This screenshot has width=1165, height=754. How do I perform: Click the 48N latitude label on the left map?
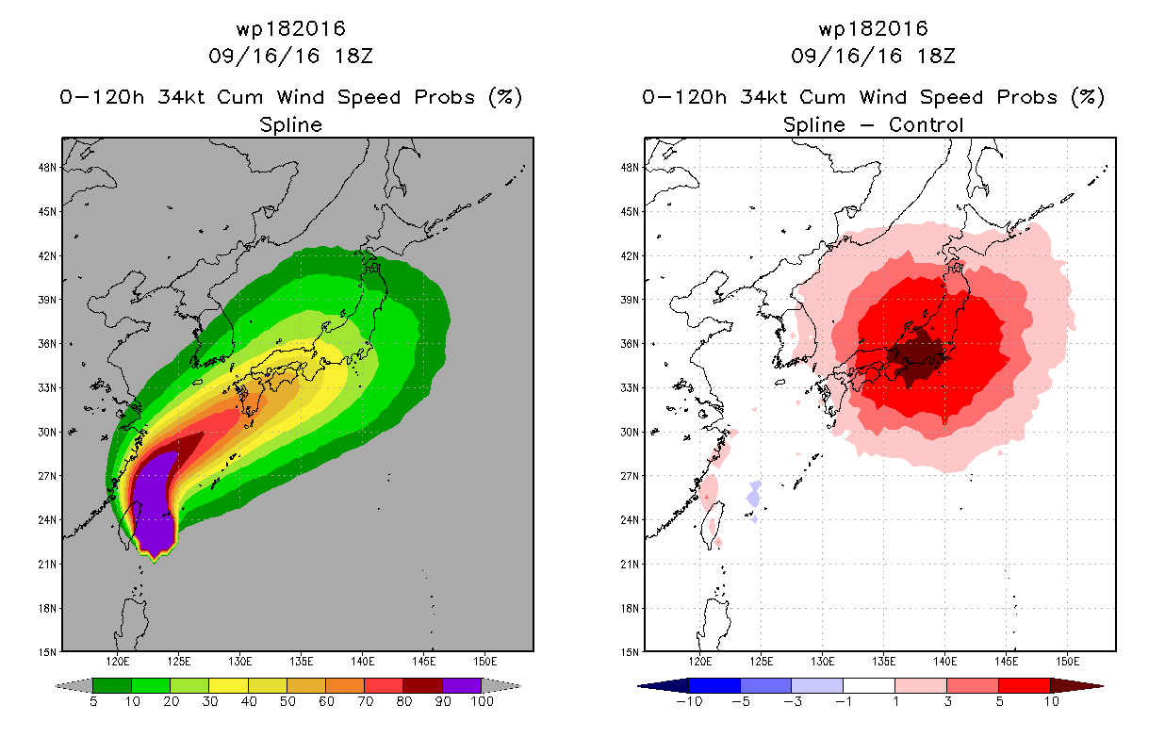47,168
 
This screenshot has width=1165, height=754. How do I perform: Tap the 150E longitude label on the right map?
1067,662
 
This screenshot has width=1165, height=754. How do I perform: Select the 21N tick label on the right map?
630,565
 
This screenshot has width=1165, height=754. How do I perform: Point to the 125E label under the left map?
179,662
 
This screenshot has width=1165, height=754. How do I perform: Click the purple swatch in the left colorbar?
462,685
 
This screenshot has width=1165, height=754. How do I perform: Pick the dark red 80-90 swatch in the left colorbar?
423,685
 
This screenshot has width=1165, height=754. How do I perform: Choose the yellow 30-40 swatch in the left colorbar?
228,685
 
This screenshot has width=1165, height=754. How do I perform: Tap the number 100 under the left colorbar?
482,701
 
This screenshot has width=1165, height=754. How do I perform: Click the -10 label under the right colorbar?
689,701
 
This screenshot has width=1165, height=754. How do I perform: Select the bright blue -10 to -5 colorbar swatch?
714,685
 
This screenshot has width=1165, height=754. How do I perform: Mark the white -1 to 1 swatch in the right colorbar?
869,685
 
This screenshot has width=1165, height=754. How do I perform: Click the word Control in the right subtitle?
926,124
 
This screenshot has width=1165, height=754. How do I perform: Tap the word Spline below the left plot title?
290,124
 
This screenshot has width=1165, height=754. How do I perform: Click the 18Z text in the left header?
353,56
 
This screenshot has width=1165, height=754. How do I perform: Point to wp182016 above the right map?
873,29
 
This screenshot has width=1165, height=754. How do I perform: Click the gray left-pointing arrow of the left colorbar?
74,686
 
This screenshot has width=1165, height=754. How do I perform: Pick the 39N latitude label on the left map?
47,300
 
